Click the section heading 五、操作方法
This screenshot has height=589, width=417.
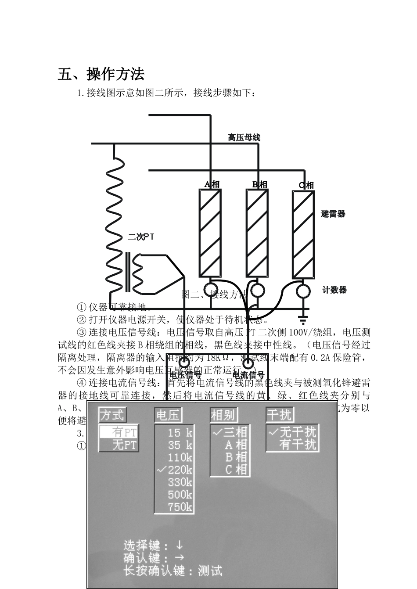pos(101,74)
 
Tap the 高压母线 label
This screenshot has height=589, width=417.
pos(244,137)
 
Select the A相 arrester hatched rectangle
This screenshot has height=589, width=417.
pos(210,233)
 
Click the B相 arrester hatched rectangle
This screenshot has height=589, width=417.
pos(256,233)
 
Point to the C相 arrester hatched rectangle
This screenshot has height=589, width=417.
pos(304,234)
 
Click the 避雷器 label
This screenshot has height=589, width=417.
pos(333,214)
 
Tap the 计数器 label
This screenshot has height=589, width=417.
pos(334,290)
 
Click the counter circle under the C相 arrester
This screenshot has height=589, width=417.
pos(302,291)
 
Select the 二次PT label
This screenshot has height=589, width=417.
pos(141,237)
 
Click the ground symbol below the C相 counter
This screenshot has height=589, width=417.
pos(302,317)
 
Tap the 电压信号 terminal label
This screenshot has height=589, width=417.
pos(185,375)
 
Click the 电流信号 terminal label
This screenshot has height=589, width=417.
pos(248,375)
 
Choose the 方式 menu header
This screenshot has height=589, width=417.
pos(112,415)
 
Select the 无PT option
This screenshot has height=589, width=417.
pos(124,445)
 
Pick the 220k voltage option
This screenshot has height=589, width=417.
pos(180,470)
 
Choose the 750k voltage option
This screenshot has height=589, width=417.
pos(180,507)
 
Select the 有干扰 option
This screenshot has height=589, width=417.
pos(298,445)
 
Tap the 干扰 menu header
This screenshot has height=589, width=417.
pos(280,415)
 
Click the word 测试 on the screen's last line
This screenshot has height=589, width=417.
pos(210,571)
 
